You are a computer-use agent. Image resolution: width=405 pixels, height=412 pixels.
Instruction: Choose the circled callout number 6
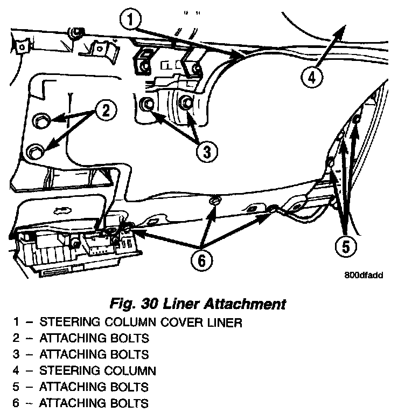coord(201,261)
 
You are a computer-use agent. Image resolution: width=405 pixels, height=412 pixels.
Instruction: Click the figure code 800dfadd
coord(364,274)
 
